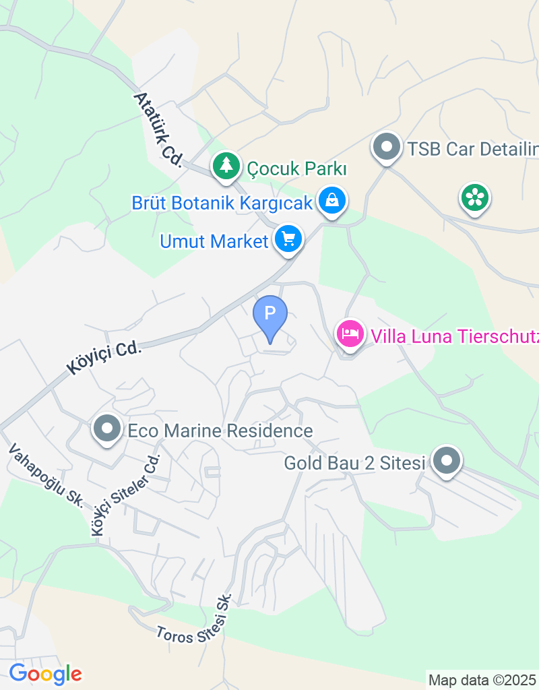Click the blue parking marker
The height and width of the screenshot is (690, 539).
click(x=270, y=315)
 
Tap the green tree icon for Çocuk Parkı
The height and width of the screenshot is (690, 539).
click(x=226, y=164)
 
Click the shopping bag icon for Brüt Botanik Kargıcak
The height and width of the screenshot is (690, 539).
click(x=331, y=199)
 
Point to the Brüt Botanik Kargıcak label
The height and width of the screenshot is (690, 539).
click(x=222, y=202)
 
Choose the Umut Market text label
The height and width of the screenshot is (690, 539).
click(x=214, y=241)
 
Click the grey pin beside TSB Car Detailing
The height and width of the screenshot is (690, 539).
click(x=387, y=146)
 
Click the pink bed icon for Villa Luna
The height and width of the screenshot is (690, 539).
click(x=350, y=333)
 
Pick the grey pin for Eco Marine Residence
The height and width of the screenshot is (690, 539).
click(x=106, y=429)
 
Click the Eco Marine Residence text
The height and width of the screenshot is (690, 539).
click(x=220, y=431)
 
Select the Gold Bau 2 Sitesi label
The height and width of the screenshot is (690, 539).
click(x=354, y=464)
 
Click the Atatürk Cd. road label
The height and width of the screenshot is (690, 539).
click(x=158, y=129)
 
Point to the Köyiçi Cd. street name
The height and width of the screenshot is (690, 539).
click(x=104, y=357)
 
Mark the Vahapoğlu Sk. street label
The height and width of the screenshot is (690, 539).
click(x=46, y=476)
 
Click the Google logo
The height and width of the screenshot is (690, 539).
click(x=45, y=673)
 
